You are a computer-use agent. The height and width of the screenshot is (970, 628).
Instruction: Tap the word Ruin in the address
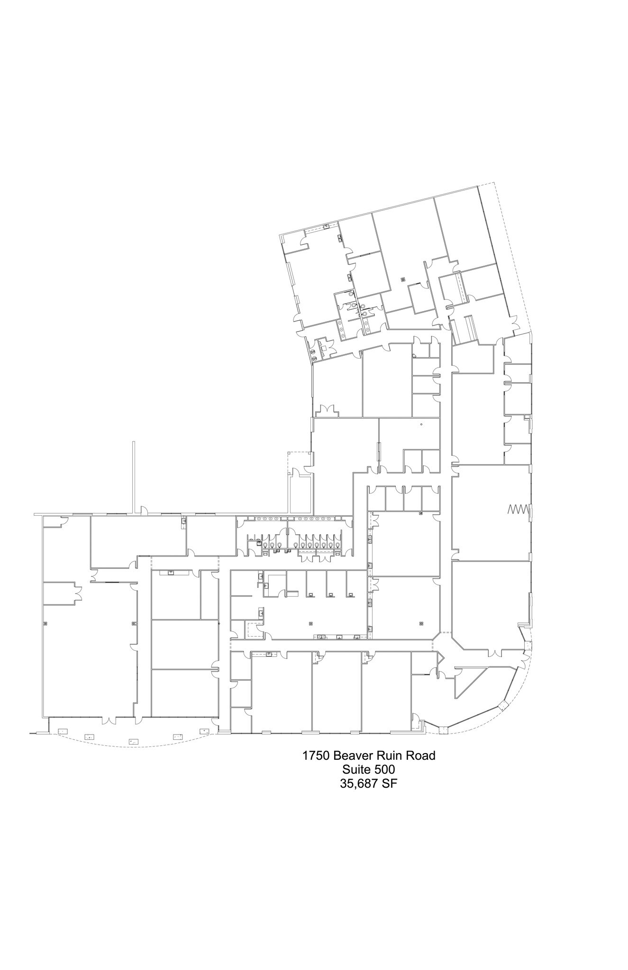tap(389, 755)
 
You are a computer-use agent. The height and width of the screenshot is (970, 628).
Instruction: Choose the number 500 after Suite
tap(384, 770)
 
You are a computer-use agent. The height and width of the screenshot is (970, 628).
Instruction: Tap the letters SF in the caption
tap(390, 783)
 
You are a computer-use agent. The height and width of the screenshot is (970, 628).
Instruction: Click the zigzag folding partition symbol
tap(518, 510)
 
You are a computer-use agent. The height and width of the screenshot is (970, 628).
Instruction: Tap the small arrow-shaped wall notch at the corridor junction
tap(440, 657)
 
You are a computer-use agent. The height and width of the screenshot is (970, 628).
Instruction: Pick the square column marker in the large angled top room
tap(403, 279)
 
